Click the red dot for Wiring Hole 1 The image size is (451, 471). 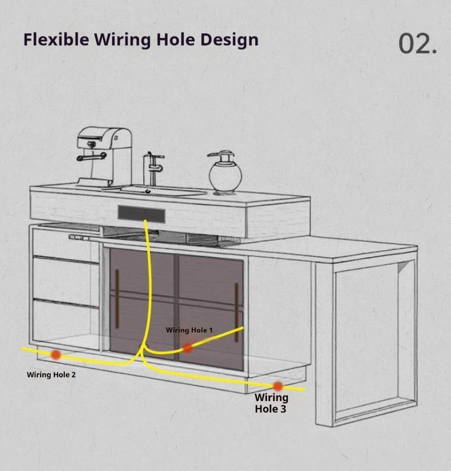pos(188,347)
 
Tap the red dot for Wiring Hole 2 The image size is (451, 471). pos(56,355)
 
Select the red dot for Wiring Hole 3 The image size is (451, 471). pos(278,386)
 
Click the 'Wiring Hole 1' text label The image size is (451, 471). pos(189,330)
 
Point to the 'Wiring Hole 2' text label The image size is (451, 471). pos(51,375)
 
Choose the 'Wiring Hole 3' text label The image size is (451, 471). pos(271,403)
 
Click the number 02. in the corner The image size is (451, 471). pos(417,44)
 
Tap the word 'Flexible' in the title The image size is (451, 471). pos(56,40)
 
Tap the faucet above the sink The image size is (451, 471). pos(152,167)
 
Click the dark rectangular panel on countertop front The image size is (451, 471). pos(141,215)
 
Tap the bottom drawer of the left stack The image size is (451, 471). pos(66,320)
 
